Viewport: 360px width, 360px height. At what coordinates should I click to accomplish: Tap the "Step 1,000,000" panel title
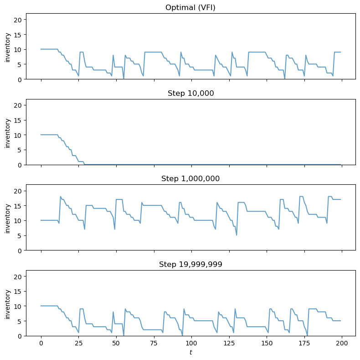(190, 178)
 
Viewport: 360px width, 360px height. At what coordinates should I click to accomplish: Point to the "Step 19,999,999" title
(190, 264)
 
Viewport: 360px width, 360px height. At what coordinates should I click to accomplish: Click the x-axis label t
(190, 352)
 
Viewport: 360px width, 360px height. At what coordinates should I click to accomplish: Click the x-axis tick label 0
(41, 343)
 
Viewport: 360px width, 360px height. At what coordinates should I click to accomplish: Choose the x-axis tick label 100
(191, 343)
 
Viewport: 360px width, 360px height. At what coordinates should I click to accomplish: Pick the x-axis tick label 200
(342, 343)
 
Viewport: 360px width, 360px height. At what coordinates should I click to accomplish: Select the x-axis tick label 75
(154, 343)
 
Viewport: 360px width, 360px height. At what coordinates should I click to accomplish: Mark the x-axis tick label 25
(78, 343)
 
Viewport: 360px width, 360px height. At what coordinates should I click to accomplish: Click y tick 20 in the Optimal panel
(19, 20)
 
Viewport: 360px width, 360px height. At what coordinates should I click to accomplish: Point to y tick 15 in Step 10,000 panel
(19, 120)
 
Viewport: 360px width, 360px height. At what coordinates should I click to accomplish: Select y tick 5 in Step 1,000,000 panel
(21, 235)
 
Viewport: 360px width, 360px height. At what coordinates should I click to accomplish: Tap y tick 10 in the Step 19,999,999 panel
(19, 306)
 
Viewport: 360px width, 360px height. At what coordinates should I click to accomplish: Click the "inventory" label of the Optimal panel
(7, 47)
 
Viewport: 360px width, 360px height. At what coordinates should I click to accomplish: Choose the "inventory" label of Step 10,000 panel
(7, 132)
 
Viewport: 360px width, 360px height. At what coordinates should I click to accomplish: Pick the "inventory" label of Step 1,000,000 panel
(7, 218)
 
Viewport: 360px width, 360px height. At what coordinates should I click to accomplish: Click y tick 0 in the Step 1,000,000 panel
(21, 250)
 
